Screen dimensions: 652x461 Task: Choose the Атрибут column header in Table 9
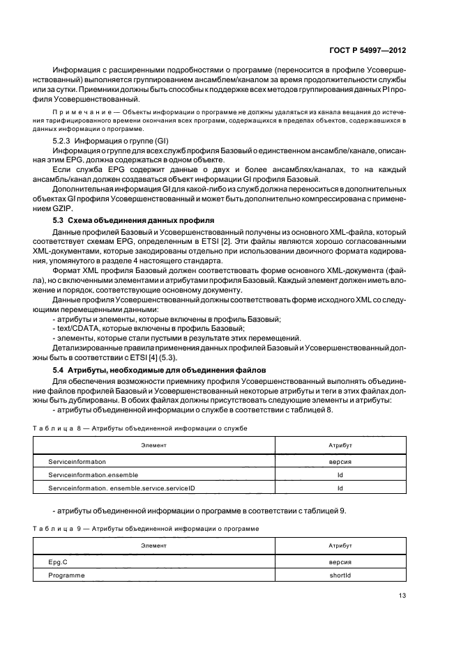[340, 545]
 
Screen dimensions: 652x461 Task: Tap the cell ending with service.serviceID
[121, 488]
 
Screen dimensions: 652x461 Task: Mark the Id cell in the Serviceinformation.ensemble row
[340, 474]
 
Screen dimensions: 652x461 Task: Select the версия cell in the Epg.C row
[340, 561]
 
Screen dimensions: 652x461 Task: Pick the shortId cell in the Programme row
[340, 575]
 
